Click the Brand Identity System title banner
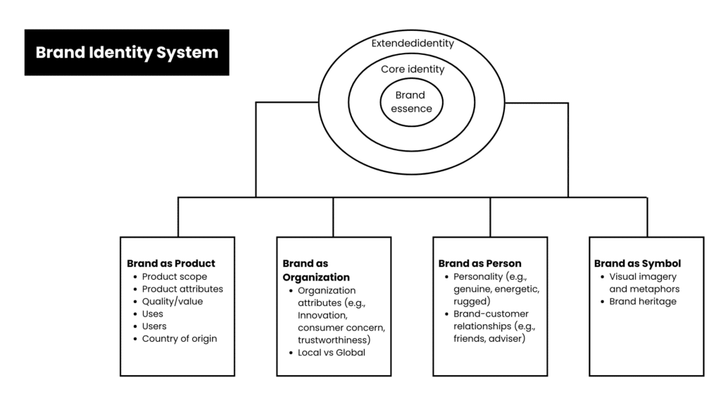click(127, 53)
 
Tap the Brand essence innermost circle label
click(410, 102)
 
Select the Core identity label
click(413, 69)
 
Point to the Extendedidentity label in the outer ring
click(413, 43)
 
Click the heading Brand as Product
click(171, 264)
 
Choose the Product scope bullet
click(175, 277)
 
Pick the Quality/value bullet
click(173, 302)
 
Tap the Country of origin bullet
click(180, 338)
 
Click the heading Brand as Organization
click(316, 271)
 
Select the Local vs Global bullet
click(331, 352)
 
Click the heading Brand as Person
click(479, 264)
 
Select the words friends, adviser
click(489, 338)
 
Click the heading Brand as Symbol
click(637, 264)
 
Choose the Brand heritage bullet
click(642, 302)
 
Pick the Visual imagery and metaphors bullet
click(644, 283)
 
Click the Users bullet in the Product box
click(154, 326)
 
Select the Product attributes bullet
click(182, 289)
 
